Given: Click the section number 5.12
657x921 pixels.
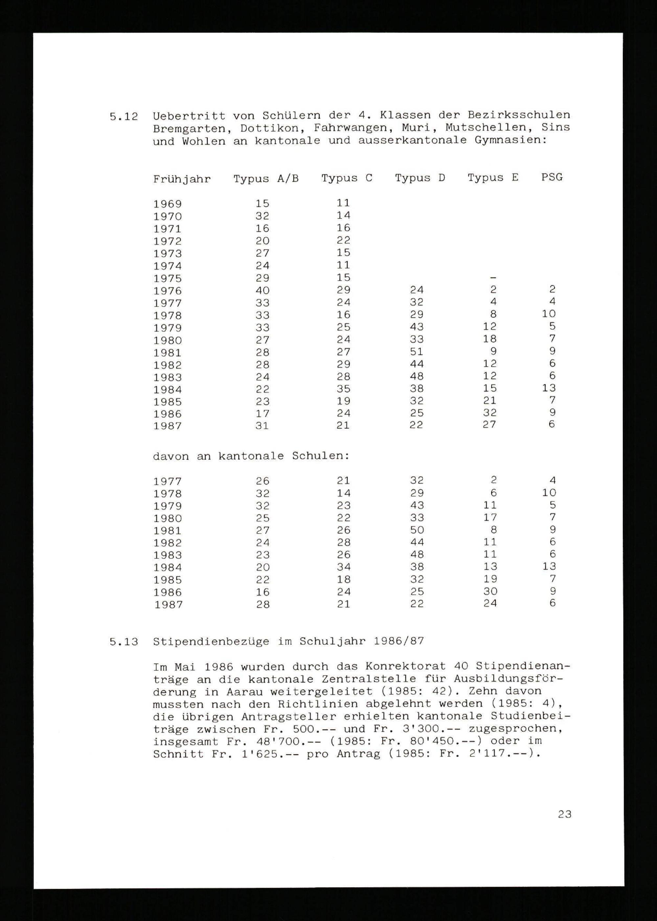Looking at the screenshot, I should click(x=124, y=117).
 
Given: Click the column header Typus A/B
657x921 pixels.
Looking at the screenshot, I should click(x=266, y=178).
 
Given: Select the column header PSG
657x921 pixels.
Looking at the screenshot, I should click(x=552, y=177).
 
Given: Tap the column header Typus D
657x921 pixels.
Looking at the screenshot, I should click(x=420, y=178).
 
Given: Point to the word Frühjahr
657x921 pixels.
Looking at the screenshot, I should click(x=182, y=179).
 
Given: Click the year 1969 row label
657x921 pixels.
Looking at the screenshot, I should click(x=168, y=204).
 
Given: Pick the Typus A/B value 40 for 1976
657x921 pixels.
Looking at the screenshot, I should click(x=262, y=290).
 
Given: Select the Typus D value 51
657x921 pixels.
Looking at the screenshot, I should click(x=416, y=351).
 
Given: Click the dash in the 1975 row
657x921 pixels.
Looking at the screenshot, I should click(x=493, y=278).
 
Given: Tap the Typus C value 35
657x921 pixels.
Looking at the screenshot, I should click(x=343, y=389).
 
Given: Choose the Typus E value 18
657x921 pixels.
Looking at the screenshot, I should click(x=489, y=339).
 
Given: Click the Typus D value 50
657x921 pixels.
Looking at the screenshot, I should click(x=416, y=530).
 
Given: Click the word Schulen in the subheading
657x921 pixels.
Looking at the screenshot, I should click(x=320, y=456).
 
